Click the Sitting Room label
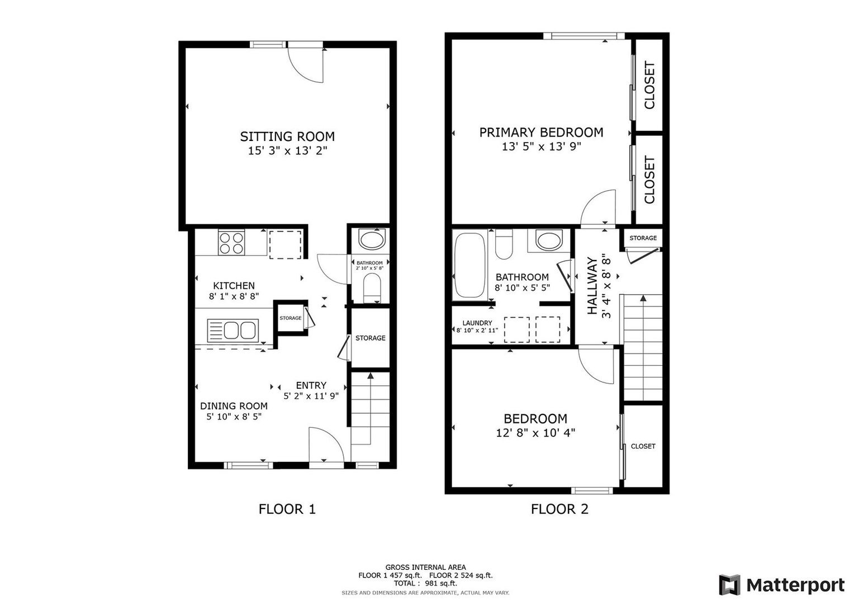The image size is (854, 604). [287, 136]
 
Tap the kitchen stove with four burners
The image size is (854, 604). [231, 243]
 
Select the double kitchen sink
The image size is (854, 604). [233, 330]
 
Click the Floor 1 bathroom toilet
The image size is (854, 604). [372, 287]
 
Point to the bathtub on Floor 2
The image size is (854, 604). [469, 266]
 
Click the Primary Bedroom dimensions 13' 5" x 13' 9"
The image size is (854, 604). [542, 147]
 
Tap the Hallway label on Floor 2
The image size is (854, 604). [592, 286]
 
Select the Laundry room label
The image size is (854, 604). [477, 323]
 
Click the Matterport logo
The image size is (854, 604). [781, 585]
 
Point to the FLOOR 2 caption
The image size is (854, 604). [559, 509]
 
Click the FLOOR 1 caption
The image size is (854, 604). [287, 509]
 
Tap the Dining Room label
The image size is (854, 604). [234, 406]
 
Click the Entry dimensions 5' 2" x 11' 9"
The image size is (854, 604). [311, 396]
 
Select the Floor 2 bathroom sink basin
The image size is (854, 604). [548, 240]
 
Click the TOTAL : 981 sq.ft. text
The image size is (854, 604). [425, 583]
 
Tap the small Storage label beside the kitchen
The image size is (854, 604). [291, 318]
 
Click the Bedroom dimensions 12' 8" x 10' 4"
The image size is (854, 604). [535, 433]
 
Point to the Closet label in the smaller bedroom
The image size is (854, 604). [643, 446]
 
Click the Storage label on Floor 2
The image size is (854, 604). [643, 238]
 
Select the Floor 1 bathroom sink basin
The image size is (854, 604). [372, 240]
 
